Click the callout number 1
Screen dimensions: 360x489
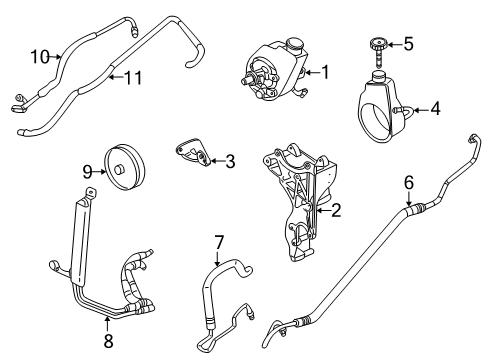click(325, 72)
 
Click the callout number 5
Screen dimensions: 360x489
click(408, 43)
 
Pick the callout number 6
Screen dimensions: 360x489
click(407, 182)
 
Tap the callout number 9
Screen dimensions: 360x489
click(86, 170)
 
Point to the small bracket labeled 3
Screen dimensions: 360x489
click(192, 151)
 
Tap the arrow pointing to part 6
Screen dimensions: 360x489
click(407, 200)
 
